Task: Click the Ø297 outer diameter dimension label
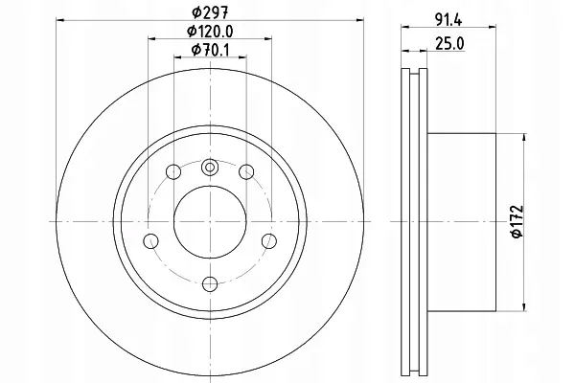point(210,12)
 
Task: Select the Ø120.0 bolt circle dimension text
point(210,32)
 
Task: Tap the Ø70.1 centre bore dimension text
point(210,50)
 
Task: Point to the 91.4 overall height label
point(448,20)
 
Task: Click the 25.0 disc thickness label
point(449,44)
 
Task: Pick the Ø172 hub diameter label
point(517,221)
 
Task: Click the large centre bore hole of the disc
point(210,222)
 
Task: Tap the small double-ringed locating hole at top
point(210,168)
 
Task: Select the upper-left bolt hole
point(173,171)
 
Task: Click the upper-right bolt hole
point(246,171)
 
